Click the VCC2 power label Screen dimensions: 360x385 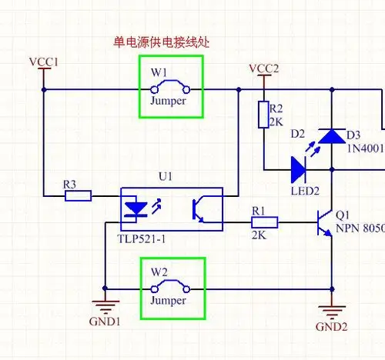point(264,69)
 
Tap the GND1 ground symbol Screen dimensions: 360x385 point(104,305)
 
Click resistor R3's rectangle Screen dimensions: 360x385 point(78,196)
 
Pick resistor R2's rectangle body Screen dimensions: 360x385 point(263,114)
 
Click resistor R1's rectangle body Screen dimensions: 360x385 point(265,224)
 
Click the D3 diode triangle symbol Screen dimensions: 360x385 point(332,136)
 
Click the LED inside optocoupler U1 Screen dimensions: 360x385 point(137,208)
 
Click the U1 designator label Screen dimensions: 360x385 point(165,177)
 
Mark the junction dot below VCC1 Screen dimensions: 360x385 point(44,89)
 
